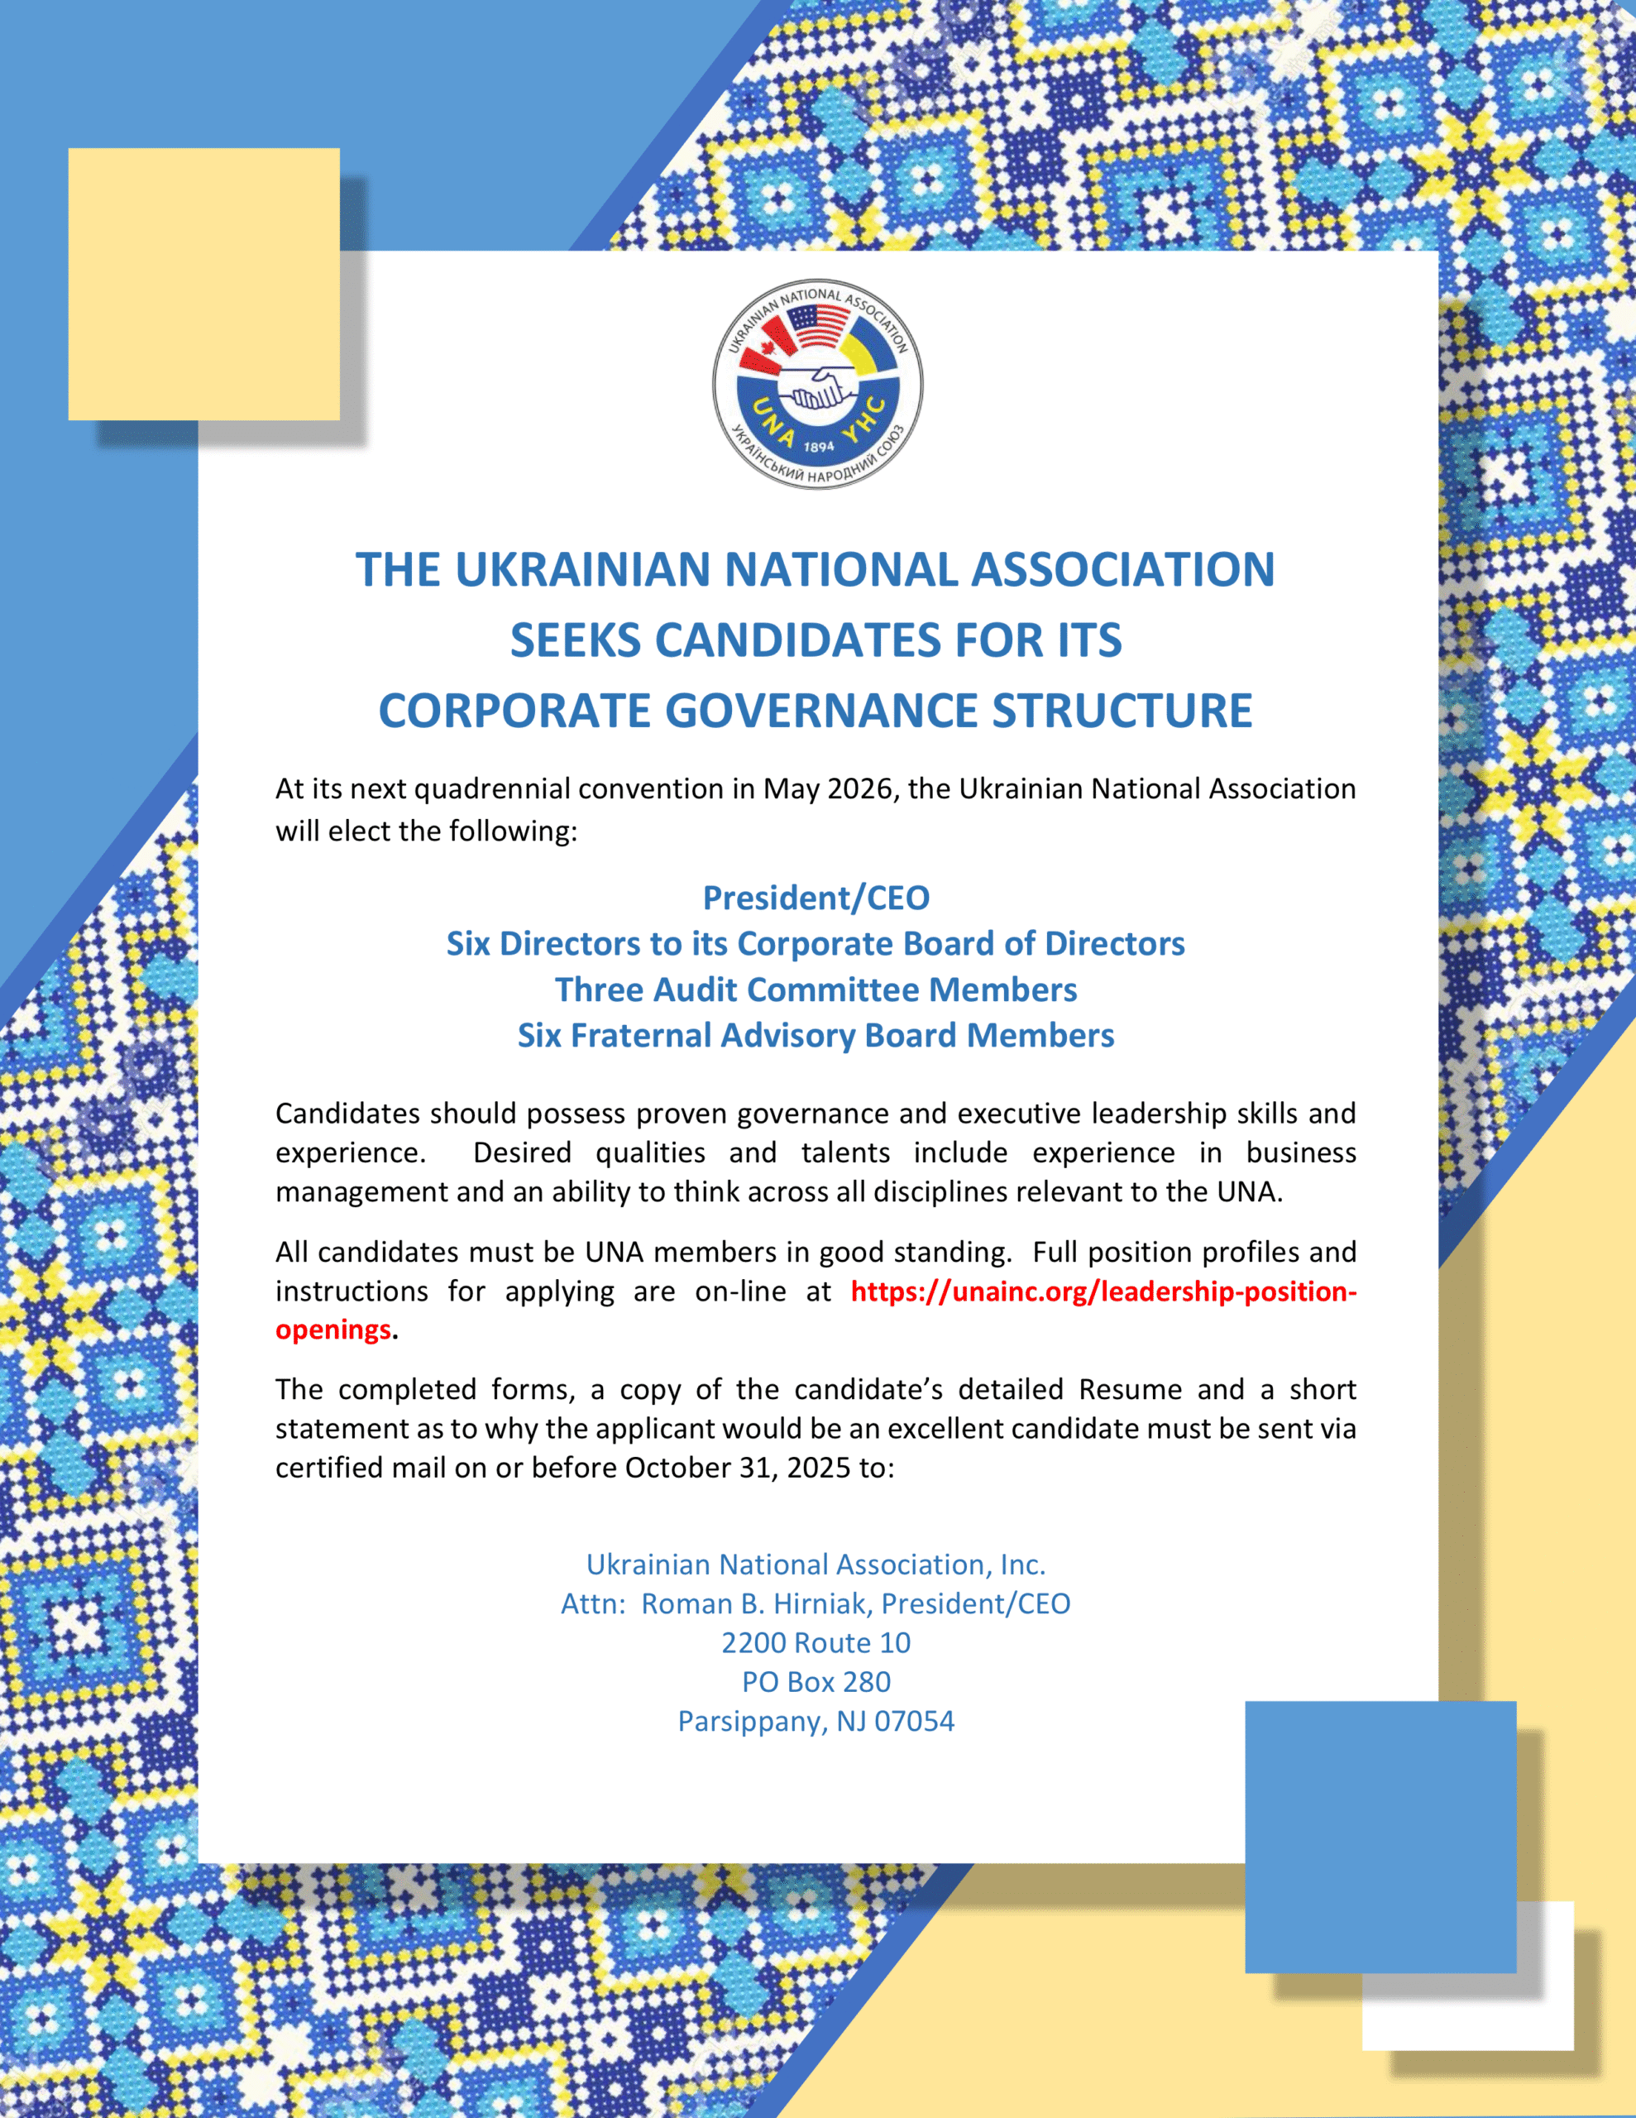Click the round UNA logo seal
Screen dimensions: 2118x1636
tap(817, 384)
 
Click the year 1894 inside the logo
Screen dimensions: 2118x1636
tap(819, 447)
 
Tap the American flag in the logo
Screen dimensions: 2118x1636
tap(816, 327)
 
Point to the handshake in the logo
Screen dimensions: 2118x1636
tap(816, 389)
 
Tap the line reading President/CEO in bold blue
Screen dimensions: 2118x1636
tap(816, 898)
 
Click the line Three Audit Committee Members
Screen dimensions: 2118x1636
tap(816, 990)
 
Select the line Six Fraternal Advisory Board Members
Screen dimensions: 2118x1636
tap(816, 1036)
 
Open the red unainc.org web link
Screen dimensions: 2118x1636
tap(1103, 1291)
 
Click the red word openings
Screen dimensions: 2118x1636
tap(332, 1330)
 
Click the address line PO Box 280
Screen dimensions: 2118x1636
tap(816, 1682)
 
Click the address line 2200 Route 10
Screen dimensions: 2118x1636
tap(816, 1643)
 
